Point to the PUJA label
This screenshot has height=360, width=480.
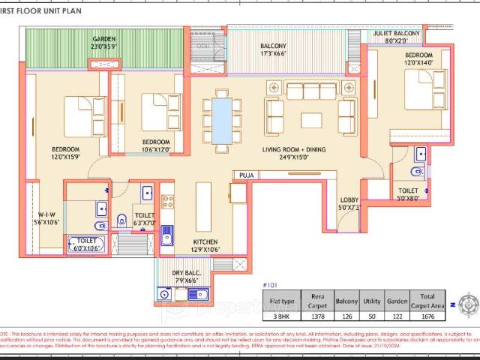(x=246, y=175)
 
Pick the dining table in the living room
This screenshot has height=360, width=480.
(x=222, y=121)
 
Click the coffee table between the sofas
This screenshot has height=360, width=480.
(x=310, y=119)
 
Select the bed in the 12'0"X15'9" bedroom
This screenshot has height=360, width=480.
(x=79, y=118)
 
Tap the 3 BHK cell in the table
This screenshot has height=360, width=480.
(x=282, y=317)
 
